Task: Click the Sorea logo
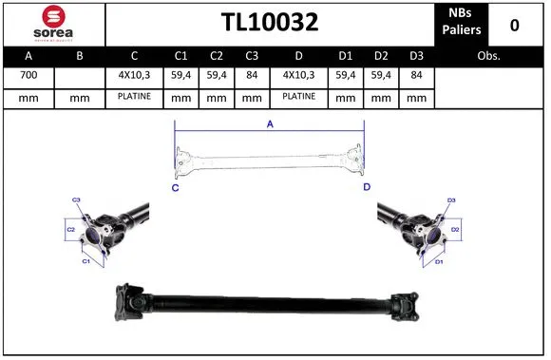point(53,23)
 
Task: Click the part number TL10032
point(270,23)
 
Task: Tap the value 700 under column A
point(28,74)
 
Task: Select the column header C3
point(251,55)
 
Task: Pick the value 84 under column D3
point(415,74)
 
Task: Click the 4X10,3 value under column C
point(134,74)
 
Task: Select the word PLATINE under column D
point(299,97)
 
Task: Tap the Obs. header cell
point(488,55)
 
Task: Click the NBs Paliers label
point(461,23)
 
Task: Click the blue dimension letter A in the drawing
point(270,123)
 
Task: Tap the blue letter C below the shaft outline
point(175,187)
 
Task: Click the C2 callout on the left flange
point(70,230)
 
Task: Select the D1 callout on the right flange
point(439,261)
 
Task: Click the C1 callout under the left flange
point(85,260)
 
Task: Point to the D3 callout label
point(451,200)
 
